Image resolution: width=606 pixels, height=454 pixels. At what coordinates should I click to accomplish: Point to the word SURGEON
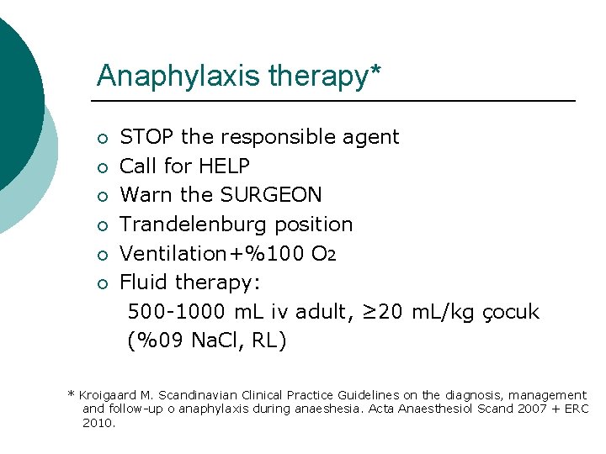coord(270,195)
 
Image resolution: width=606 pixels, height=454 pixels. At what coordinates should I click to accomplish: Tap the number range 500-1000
coord(177,313)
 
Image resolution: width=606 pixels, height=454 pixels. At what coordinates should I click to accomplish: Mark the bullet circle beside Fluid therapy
coord(102,283)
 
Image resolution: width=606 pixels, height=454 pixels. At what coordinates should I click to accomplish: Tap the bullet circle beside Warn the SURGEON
coord(102,196)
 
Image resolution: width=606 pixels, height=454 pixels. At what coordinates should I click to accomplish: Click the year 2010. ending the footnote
coord(99,422)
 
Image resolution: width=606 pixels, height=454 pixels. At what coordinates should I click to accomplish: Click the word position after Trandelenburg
coord(319,224)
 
